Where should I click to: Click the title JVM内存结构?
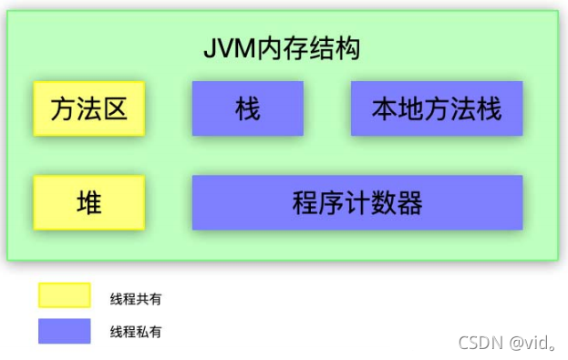[x=282, y=48]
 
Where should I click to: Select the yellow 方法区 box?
[x=88, y=109]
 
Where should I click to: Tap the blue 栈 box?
[x=247, y=109]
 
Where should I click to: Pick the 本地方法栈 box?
[x=437, y=109]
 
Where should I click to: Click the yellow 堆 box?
[x=88, y=202]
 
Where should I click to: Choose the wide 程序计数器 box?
[x=357, y=202]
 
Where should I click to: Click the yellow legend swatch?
[x=64, y=296]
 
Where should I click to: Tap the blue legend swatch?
[x=64, y=331]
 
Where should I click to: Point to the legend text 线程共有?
[x=136, y=298]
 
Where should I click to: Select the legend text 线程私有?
[x=136, y=332]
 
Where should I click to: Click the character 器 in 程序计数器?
[x=410, y=202]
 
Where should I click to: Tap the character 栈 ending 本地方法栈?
[x=490, y=109]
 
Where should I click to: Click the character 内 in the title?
[x=269, y=48]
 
